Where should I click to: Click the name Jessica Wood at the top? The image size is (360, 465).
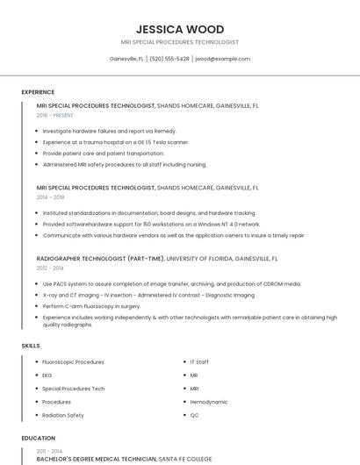[180, 29]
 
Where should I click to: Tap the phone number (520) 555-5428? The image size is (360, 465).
[169, 59]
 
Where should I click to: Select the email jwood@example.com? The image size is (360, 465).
[223, 59]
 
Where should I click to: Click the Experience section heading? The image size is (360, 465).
[38, 91]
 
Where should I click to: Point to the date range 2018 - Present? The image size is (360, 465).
[54, 115]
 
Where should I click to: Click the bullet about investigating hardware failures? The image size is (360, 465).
[109, 131]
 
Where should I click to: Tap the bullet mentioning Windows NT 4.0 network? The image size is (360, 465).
[151, 224]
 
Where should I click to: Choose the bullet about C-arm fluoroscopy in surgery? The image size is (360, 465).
[91, 306]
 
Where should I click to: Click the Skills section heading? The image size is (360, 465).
[31, 346]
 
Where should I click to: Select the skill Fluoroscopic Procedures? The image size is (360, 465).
[73, 361]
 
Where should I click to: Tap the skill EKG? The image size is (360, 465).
[47, 375]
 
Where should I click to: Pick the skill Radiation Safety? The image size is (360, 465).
[63, 415]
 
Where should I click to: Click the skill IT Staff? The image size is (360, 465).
[199, 361]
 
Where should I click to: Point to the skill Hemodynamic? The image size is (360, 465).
[207, 402]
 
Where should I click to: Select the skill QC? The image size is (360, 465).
[194, 415]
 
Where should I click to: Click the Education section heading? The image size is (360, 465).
[38, 438]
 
